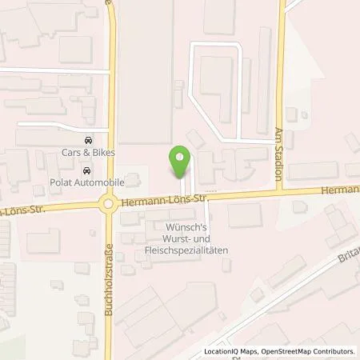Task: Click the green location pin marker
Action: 180,158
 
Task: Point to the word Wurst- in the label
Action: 167,238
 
